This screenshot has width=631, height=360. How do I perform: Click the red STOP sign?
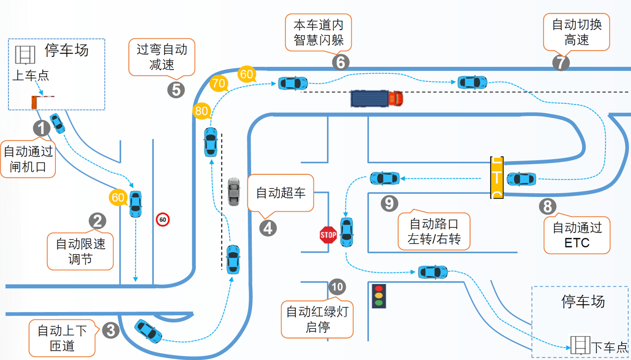click(328, 235)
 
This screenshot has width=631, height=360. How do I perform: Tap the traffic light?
click(379, 296)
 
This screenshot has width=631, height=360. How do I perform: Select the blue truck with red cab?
click(377, 98)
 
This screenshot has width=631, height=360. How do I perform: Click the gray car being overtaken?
click(233, 191)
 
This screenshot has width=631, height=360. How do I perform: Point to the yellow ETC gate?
click(497, 178)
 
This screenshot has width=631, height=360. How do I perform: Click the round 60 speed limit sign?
click(163, 219)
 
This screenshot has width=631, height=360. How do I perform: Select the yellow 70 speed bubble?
click(218, 83)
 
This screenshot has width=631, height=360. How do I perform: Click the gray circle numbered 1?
click(42, 128)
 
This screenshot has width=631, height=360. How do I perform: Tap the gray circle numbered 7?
click(560, 63)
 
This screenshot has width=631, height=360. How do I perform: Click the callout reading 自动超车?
click(280, 193)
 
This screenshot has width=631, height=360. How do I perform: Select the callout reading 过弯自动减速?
click(162, 57)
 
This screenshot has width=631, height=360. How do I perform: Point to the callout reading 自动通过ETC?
click(577, 235)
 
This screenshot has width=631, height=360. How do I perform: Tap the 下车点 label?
click(609, 348)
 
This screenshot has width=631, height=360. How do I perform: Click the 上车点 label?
click(31, 75)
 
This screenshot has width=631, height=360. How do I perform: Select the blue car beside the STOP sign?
click(347, 232)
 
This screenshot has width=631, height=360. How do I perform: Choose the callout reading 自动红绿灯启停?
click(317, 319)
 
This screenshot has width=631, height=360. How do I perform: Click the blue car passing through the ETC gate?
click(521, 179)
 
